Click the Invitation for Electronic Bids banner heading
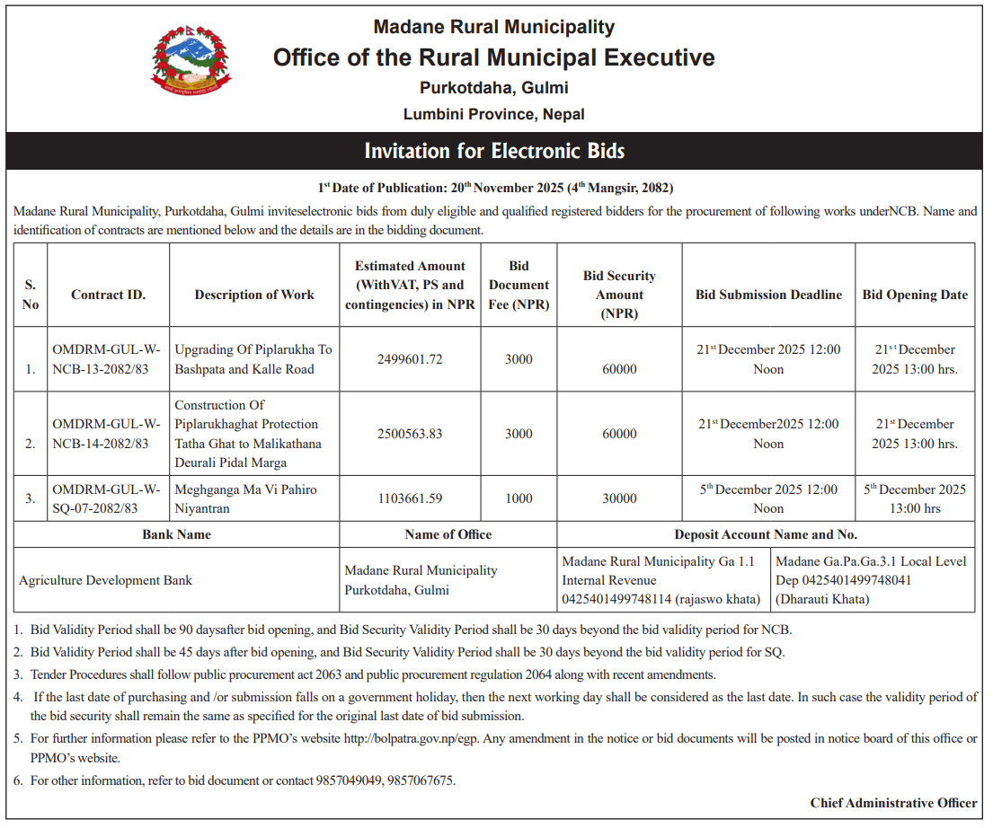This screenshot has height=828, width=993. [494, 151]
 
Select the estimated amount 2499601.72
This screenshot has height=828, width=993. [410, 359]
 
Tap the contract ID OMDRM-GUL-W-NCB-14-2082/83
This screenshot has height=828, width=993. [107, 433]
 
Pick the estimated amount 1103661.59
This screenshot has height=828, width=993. [410, 498]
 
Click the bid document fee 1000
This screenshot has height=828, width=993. [519, 498]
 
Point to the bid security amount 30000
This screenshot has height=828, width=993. [619, 498]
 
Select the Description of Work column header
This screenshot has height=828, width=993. [254, 295]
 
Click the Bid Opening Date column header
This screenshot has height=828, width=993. [915, 295]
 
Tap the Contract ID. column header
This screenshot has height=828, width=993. [108, 295]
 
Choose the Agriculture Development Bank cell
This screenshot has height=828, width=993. [106, 580]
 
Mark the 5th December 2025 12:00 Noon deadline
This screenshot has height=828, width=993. [768, 498]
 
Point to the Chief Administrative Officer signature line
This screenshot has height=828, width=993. [893, 803]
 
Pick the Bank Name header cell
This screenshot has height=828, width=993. [177, 534]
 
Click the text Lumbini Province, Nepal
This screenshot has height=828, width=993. [494, 114]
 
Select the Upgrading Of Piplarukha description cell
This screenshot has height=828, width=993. [253, 359]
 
